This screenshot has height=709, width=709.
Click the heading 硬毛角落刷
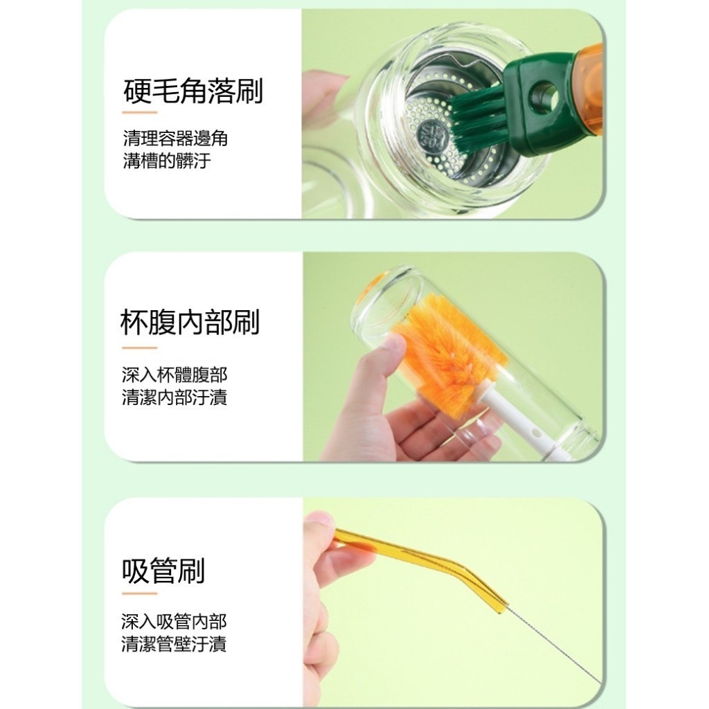[x=193, y=91]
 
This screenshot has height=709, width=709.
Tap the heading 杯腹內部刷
[x=190, y=323]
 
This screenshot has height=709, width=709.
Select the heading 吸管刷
[x=163, y=571]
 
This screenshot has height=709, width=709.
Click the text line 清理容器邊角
[x=175, y=138]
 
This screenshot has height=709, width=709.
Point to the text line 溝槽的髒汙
[x=167, y=161]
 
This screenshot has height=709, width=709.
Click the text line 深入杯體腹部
[x=174, y=375]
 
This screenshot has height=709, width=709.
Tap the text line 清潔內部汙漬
[x=174, y=397]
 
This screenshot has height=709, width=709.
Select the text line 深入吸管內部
[x=174, y=622]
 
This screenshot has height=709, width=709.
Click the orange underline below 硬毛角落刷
[x=140, y=113]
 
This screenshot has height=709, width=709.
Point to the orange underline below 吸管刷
[x=140, y=593]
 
